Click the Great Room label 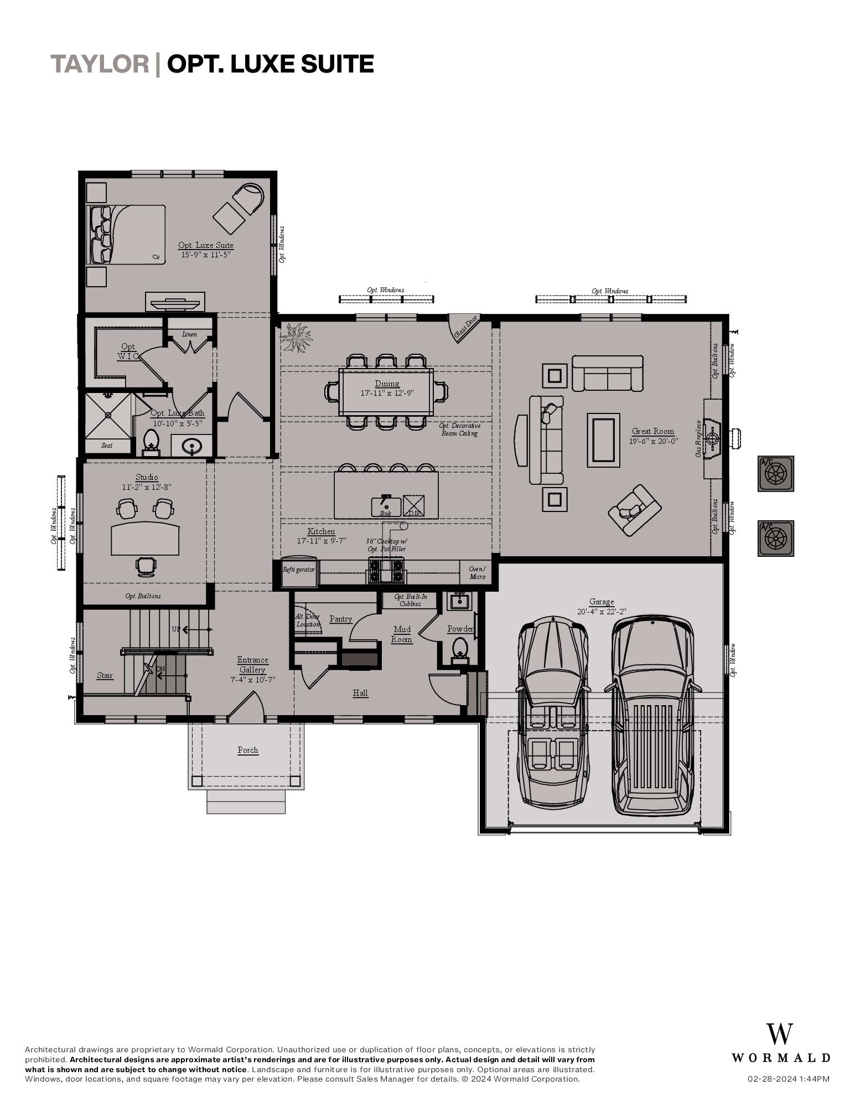pyautogui.click(x=653, y=431)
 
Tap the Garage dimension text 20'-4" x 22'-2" pyautogui.click(x=602, y=612)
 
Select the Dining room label pyautogui.click(x=387, y=384)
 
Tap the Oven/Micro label pyautogui.click(x=477, y=572)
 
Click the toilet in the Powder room pyautogui.click(x=460, y=648)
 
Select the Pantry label pyautogui.click(x=340, y=619)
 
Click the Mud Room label pyautogui.click(x=402, y=634)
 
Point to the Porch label pyautogui.click(x=248, y=750)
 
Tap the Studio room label pyautogui.click(x=147, y=477)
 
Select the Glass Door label pyautogui.click(x=465, y=327)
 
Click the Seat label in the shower pyautogui.click(x=107, y=445)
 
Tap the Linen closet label pyautogui.click(x=189, y=334)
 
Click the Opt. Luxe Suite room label pyautogui.click(x=206, y=245)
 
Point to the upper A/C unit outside pyautogui.click(x=775, y=473)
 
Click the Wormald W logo pyautogui.click(x=780, y=1034)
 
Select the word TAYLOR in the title pyautogui.click(x=100, y=64)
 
